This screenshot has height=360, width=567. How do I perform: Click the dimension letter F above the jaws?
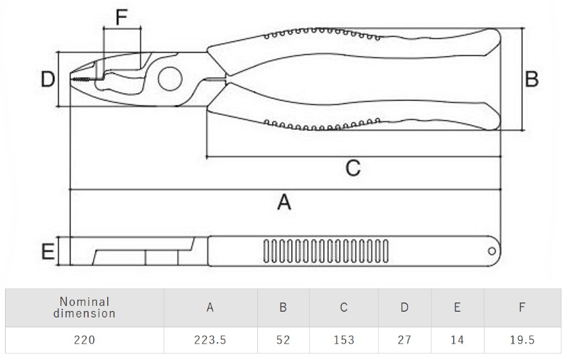click(x=121, y=16)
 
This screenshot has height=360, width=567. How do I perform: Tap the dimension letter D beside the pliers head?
click(x=48, y=79)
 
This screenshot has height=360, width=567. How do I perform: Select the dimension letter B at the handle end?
click(x=531, y=79)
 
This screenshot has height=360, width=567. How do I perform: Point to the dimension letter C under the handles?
click(x=353, y=168)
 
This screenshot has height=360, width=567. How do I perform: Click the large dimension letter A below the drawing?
click(x=284, y=202)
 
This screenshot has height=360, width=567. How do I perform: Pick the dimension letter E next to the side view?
click(x=48, y=251)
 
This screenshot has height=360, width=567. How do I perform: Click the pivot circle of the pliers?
click(x=170, y=79)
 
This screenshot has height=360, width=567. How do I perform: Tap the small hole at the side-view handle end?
click(x=492, y=251)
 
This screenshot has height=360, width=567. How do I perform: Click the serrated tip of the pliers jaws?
click(x=80, y=79)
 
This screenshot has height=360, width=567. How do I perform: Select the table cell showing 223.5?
click(x=210, y=339)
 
